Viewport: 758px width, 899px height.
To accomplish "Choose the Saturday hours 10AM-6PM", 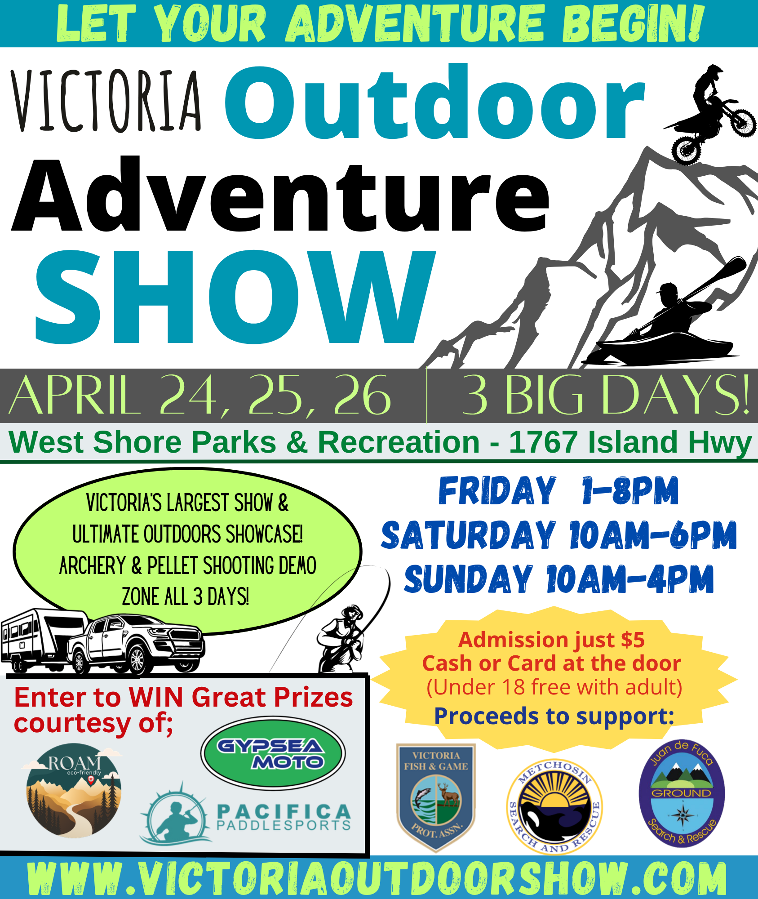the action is tap(653, 535).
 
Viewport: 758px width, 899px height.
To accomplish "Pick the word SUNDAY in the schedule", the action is tap(468, 579).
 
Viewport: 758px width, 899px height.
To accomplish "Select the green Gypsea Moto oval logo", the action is tap(273, 753).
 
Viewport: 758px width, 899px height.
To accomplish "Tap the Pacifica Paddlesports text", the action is tap(284, 817).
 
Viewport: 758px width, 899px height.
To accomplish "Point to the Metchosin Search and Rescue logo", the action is tap(554, 807).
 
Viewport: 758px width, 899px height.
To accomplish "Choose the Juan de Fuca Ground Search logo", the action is tap(682, 793).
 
